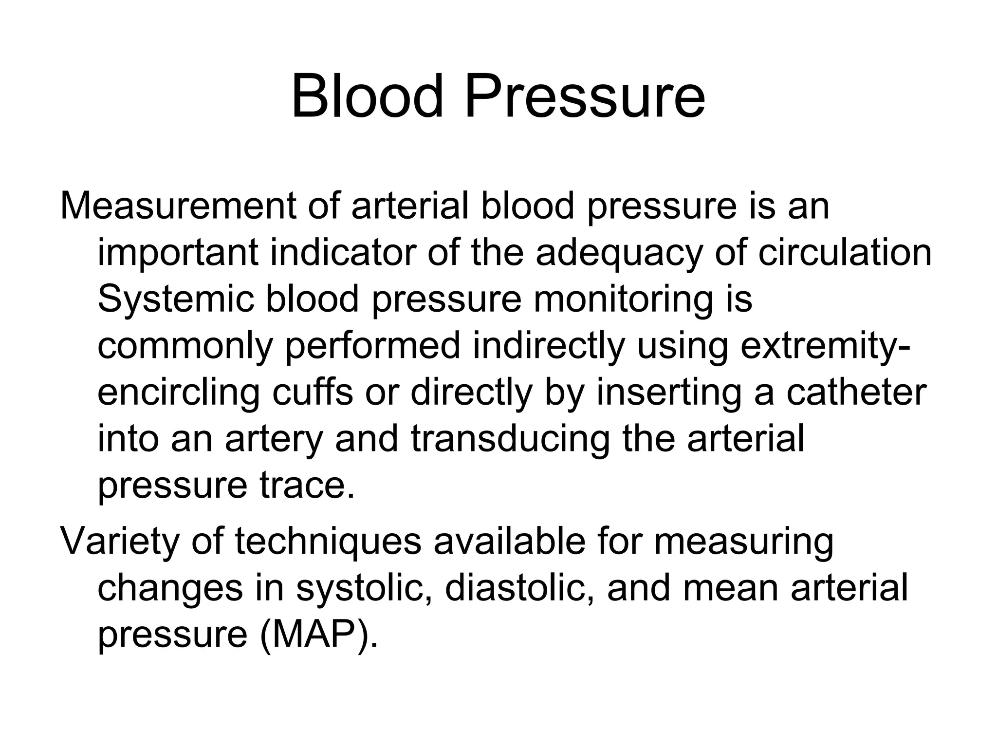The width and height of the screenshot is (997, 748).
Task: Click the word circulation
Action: (845, 252)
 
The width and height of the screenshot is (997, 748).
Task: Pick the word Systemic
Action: (176, 299)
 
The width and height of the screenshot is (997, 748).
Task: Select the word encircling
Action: (179, 393)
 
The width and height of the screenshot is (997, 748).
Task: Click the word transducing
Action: (510, 440)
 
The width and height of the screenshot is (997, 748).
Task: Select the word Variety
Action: (120, 542)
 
